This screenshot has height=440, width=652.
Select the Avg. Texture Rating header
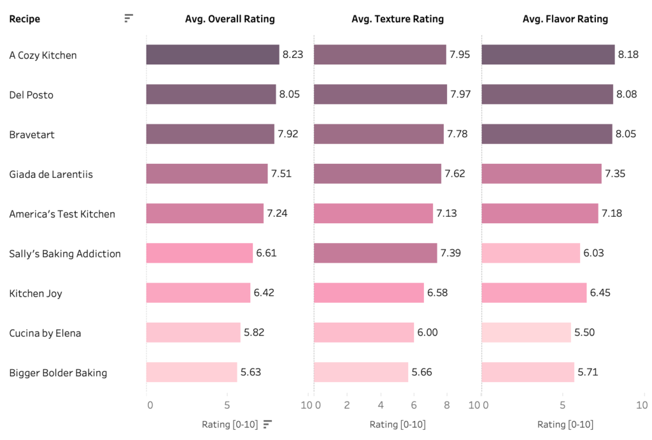397,19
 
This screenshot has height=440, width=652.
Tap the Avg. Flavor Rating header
565,19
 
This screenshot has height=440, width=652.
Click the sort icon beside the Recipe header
129,18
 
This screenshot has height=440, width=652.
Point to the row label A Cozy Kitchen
43,55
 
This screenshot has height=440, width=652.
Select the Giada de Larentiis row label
51,174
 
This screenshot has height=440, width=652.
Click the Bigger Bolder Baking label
58,372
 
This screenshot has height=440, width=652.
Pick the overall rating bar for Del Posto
211,94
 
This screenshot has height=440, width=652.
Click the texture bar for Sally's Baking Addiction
376,253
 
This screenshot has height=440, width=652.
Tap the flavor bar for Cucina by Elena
526,333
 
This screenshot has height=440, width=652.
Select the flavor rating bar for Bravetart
547,134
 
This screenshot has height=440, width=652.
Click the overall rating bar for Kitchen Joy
198,293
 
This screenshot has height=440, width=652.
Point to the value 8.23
293,55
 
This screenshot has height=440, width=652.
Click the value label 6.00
427,333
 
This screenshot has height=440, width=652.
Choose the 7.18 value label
613,214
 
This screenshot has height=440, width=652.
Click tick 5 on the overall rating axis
227,405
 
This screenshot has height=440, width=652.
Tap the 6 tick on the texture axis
414,405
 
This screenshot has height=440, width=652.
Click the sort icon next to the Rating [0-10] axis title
267,424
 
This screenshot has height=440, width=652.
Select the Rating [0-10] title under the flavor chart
565,425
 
